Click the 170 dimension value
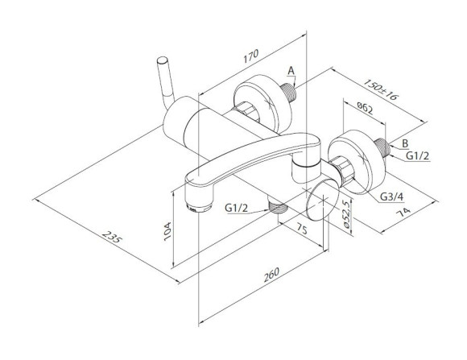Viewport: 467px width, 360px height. pos(250,56)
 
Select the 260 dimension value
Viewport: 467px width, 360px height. pos(271,275)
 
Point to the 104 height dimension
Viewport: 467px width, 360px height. pos(167,231)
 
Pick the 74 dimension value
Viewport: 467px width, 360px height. pos(403,213)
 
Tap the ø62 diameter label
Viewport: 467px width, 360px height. pos(365,108)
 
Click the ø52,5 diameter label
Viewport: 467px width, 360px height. pos(345,213)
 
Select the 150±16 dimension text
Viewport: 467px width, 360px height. pos(381,89)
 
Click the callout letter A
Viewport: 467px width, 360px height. pos(291,71)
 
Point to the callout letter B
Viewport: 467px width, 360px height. pos(405,143)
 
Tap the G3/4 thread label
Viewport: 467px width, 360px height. pos(392,197)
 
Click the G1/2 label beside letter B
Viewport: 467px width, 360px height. pos(418,155)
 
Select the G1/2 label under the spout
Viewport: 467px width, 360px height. pos(236,208)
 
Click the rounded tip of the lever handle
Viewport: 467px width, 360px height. pos(163,60)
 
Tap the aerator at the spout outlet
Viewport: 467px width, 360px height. pos(199,209)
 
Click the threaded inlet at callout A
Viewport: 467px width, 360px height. pos(289,91)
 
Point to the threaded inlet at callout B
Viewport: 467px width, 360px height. pos(382,148)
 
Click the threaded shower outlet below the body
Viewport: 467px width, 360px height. pos(277,206)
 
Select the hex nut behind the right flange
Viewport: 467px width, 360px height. pos(345,171)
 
